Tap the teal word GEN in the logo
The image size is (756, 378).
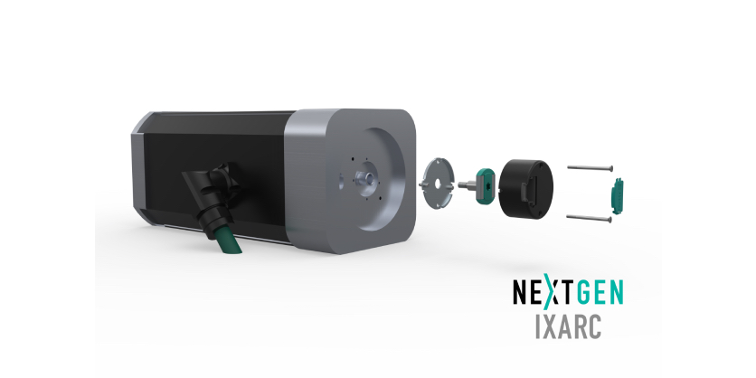[x=597, y=294]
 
